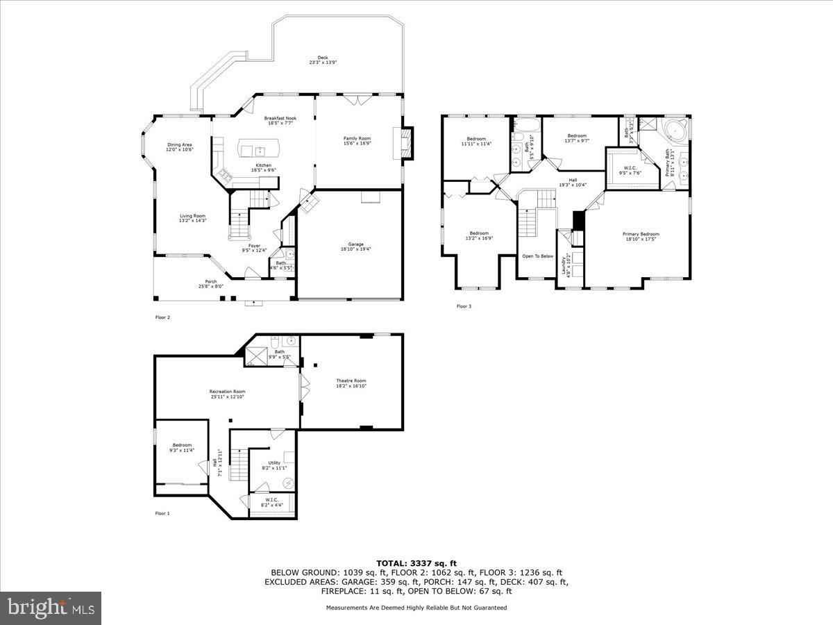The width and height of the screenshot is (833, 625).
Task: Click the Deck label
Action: pyautogui.click(x=323, y=60)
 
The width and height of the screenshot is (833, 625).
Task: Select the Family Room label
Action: pyautogui.click(x=357, y=141)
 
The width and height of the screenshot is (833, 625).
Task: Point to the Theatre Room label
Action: pyautogui.click(x=351, y=383)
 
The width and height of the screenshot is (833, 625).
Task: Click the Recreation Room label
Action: pyautogui.click(x=227, y=394)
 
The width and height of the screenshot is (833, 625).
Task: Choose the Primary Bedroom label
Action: pyautogui.click(x=640, y=237)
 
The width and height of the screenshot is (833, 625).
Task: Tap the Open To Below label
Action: pyautogui.click(x=537, y=256)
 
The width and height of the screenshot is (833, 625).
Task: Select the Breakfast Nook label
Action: pyautogui.click(x=280, y=121)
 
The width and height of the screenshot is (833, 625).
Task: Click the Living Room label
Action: pyautogui.click(x=192, y=218)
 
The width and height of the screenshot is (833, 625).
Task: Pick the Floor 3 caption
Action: pyautogui.click(x=463, y=306)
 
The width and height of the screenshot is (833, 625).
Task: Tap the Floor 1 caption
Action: pyautogui.click(x=162, y=513)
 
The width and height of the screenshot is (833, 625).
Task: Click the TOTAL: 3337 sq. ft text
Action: pyautogui.click(x=416, y=563)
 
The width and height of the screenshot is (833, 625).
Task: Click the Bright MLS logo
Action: pyautogui.click(x=51, y=608)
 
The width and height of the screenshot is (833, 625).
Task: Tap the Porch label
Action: pyautogui.click(x=205, y=283)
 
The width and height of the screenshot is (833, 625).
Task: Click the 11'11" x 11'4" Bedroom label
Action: pyautogui.click(x=476, y=141)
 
